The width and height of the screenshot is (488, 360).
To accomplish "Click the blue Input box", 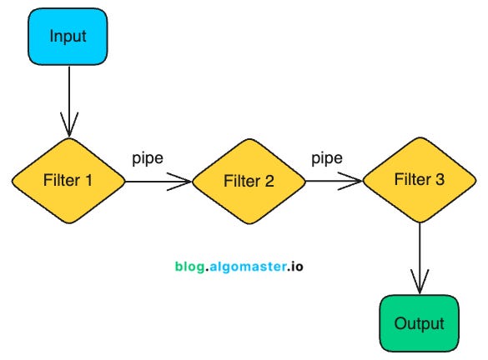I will pos(68,37).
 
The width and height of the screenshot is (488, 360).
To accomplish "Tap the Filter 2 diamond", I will pos(248,181).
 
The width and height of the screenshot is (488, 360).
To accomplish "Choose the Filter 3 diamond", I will pos(419,180).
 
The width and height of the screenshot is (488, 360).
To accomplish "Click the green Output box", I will pos(419,323).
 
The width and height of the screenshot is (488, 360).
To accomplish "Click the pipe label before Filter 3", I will pos(327,156).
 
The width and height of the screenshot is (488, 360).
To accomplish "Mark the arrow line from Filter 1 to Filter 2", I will pos(150,180).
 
